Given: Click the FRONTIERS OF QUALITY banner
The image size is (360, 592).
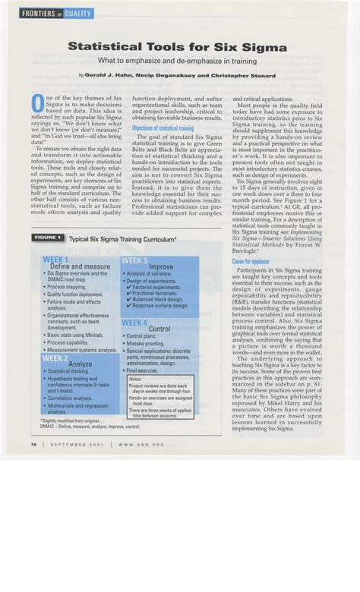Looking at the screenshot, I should point(57,14).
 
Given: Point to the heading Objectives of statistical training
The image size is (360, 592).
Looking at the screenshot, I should point(163,128).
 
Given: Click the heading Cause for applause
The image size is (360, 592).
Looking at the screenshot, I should point(251,261).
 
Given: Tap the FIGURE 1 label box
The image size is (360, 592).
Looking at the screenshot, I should point(47,238).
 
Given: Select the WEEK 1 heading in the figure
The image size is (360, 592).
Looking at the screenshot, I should point(56,260).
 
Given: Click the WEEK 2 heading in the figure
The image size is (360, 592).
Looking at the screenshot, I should point(55,357).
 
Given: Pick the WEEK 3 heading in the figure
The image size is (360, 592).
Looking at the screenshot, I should point(134,260).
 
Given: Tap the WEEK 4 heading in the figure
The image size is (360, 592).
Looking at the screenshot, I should point(135,322).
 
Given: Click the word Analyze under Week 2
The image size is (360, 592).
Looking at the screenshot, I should point(80,364).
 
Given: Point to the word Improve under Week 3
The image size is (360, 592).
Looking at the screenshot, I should point(161,267).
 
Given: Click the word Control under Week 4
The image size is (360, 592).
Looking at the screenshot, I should point(159,329).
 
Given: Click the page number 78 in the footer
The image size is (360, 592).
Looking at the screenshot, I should point(34,444).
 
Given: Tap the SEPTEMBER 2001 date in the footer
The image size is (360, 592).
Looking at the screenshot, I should point(75,444).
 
